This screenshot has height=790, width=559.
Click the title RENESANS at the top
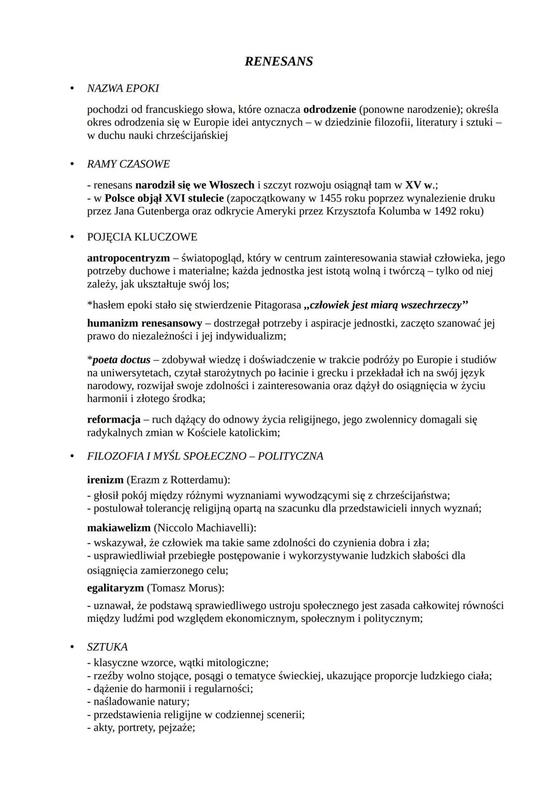click(x=278, y=62)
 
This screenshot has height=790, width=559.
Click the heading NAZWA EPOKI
click(x=123, y=88)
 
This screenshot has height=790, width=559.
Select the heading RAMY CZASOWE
click(x=128, y=164)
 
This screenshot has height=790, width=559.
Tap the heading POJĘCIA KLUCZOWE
click(x=142, y=237)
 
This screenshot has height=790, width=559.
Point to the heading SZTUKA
click(x=107, y=647)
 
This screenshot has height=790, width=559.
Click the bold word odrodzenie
click(x=329, y=110)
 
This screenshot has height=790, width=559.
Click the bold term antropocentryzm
click(x=128, y=258)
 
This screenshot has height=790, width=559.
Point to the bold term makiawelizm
click(x=119, y=528)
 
